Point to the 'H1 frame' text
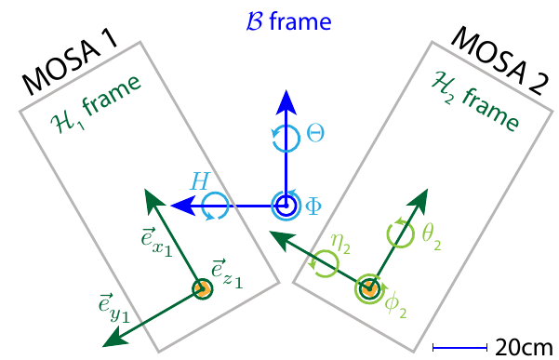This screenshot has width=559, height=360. pos(95,105)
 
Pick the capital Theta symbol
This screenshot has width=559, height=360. pos(315,135)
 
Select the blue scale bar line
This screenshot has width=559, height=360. pos(460,347)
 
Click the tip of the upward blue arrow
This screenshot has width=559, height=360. pos(286,92)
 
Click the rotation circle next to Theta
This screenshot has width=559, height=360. pos(286,138)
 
